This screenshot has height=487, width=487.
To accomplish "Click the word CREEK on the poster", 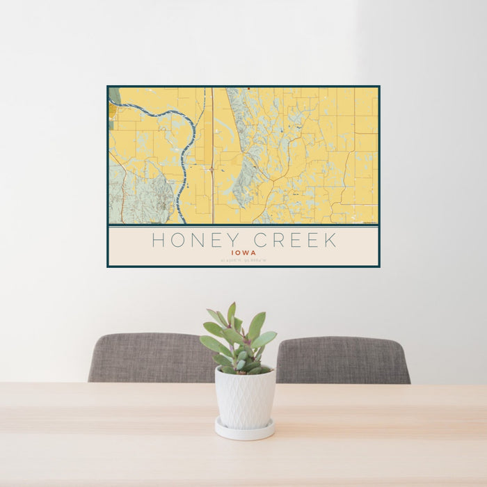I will tap(295, 241).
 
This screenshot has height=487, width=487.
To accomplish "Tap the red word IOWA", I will tap(243, 253).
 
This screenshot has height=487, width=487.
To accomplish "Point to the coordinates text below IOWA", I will tap(243, 261).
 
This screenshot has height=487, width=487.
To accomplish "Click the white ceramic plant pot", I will tap(244, 398).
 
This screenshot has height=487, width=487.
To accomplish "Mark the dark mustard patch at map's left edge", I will tap(112, 111).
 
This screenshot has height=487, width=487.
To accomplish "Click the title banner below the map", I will tap(243, 246).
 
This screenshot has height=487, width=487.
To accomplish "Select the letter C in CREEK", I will tap(261, 241).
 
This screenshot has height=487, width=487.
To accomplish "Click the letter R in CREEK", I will tap(278, 241).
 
